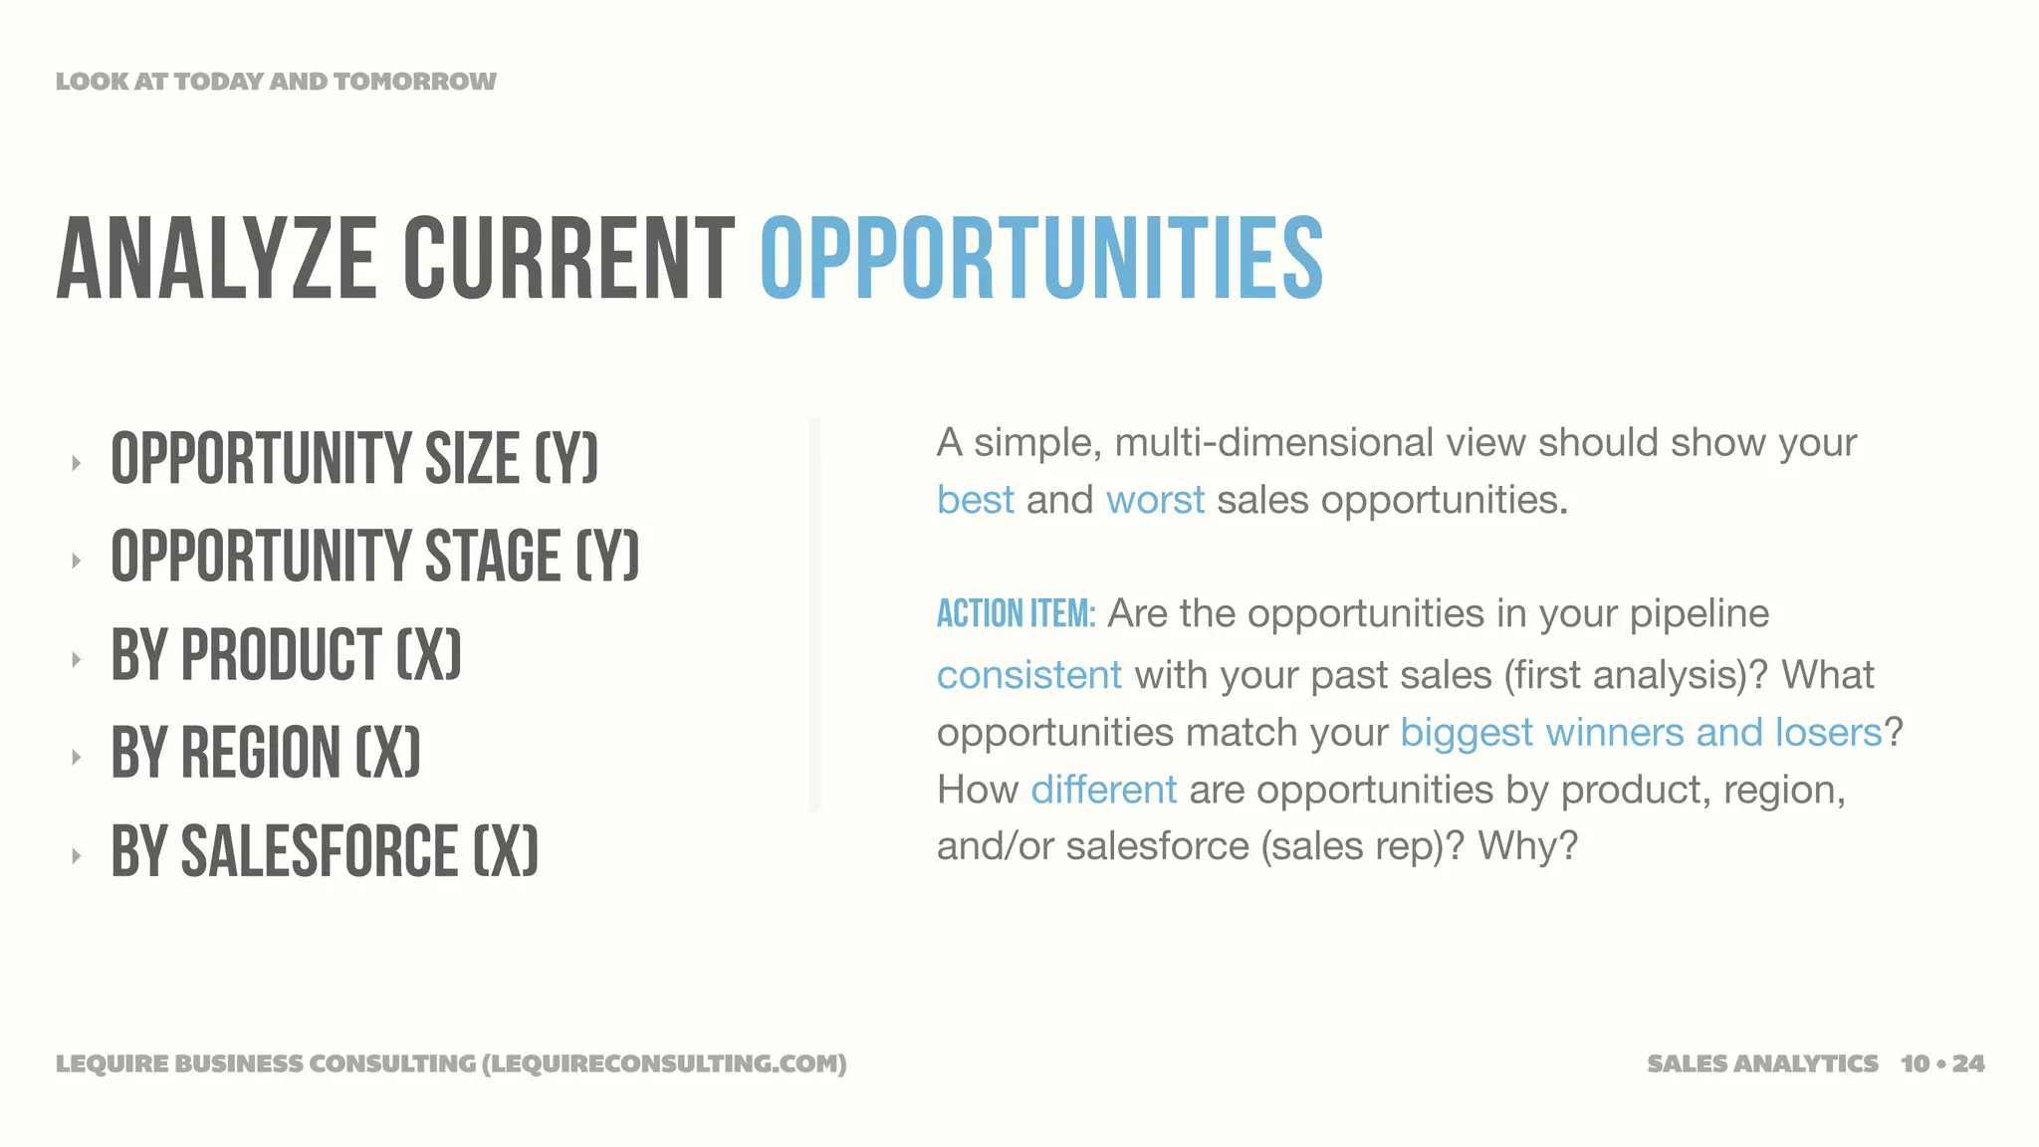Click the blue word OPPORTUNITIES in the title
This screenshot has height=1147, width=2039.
pyautogui.click(x=1041, y=259)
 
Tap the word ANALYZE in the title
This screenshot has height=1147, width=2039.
pyautogui.click(x=216, y=259)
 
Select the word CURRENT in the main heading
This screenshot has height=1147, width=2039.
pyautogui.click(x=568, y=259)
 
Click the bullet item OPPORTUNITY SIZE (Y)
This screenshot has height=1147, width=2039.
pyautogui.click(x=354, y=459)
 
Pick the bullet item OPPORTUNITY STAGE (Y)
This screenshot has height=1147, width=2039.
pyautogui.click(x=374, y=557)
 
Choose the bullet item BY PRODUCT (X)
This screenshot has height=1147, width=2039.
pyautogui.click(x=286, y=655)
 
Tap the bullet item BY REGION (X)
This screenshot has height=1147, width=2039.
pyautogui.click(x=266, y=753)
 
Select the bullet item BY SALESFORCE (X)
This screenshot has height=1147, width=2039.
pyautogui.click(x=325, y=851)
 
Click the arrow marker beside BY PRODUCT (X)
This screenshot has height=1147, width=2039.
pyautogui.click(x=76, y=658)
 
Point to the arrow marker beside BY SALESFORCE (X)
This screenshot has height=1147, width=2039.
pyautogui.click(x=76, y=854)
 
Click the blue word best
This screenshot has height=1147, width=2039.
pyautogui.click(x=975, y=500)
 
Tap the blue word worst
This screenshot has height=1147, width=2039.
pyautogui.click(x=1155, y=500)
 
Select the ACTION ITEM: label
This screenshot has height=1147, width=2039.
pyautogui.click(x=1016, y=614)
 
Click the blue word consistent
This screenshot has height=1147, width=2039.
pyautogui.click(x=1028, y=675)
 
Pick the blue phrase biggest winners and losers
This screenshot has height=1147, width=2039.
pyautogui.click(x=1641, y=733)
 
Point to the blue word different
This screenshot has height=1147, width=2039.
pyautogui.click(x=1103, y=790)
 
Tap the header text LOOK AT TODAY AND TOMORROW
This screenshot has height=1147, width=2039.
pyautogui.click(x=276, y=82)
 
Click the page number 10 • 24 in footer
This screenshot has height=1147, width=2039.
pyautogui.click(x=1941, y=1063)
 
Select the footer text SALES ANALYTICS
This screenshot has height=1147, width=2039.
pyautogui.click(x=1762, y=1063)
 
